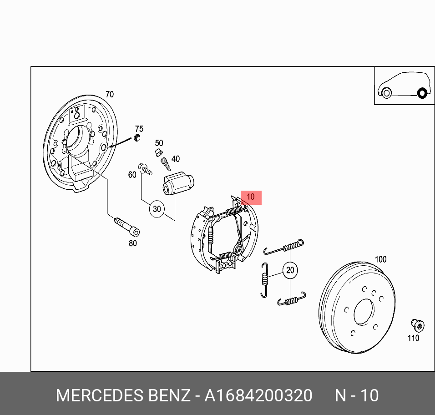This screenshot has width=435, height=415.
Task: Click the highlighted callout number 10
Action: [x=251, y=197]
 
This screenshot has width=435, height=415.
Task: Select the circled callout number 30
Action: [x=157, y=209]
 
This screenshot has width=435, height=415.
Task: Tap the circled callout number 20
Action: [x=290, y=270]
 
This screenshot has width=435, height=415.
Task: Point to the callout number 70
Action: [x=110, y=94]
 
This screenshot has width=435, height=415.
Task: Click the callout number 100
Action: [x=380, y=259]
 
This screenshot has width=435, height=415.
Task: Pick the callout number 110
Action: [x=413, y=338]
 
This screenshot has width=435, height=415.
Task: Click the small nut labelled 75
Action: [x=137, y=137]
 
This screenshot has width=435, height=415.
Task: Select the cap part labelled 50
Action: [x=159, y=152]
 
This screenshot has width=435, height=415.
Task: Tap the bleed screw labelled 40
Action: [x=166, y=164]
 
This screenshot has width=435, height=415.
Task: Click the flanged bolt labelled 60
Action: [x=145, y=169]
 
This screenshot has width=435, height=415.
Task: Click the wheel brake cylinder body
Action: [x=178, y=183]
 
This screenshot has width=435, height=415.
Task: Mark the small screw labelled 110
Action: [x=418, y=325]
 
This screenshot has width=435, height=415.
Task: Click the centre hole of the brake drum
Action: [x=364, y=312]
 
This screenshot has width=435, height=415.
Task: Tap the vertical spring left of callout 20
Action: [x=265, y=280]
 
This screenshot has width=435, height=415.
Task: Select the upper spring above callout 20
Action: [x=284, y=247]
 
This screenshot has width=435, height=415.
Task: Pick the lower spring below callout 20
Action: [x=292, y=299]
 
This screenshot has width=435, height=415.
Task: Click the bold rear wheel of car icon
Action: [x=422, y=93]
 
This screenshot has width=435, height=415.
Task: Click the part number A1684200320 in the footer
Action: [x=258, y=395]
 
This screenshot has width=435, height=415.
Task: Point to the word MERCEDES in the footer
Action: [x=100, y=395]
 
